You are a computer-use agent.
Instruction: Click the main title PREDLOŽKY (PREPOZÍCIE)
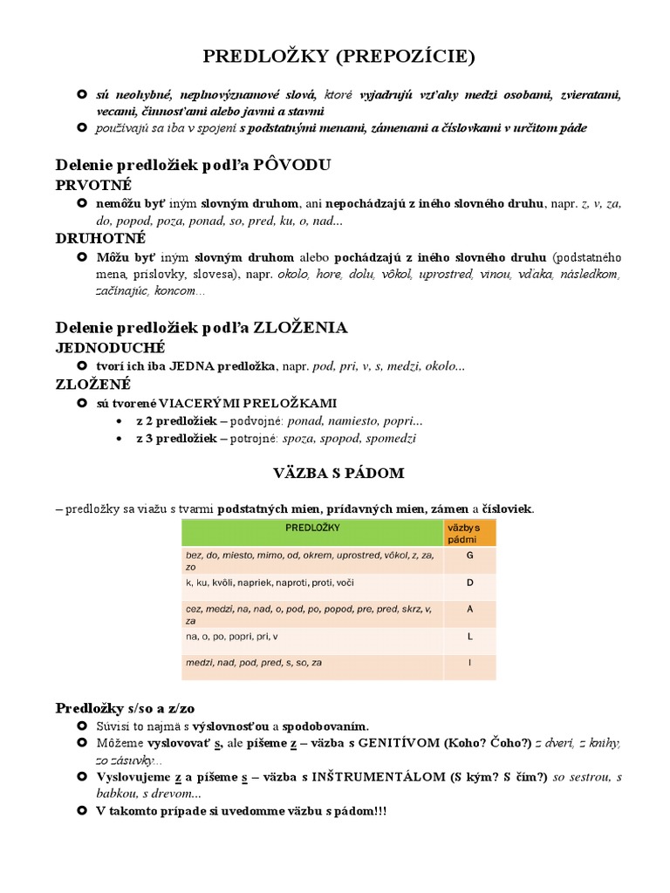(x=339, y=58)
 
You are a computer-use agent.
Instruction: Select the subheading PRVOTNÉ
(x=93, y=185)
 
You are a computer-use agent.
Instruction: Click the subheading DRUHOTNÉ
(x=100, y=238)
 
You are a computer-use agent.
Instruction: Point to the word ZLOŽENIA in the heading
(x=300, y=328)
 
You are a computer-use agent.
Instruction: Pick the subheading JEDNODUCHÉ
(x=110, y=348)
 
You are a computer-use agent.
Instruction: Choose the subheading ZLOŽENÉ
(x=93, y=384)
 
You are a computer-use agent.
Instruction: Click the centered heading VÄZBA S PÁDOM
(x=338, y=473)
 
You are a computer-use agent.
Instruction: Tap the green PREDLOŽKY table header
(x=312, y=528)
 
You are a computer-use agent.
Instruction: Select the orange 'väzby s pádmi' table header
(x=469, y=534)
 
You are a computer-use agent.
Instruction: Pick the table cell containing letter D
(x=469, y=583)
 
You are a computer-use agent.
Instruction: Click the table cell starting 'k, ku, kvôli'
(x=312, y=583)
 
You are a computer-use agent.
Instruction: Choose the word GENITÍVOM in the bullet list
(x=397, y=743)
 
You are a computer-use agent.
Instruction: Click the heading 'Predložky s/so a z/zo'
(x=131, y=707)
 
